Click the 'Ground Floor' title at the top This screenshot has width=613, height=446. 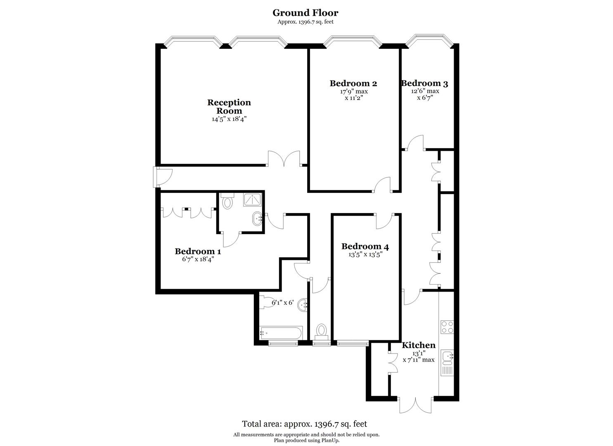point(305,13)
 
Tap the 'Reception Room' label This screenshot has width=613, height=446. point(229,107)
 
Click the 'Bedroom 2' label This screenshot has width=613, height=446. point(353,83)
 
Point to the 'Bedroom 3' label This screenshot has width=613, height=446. point(425,83)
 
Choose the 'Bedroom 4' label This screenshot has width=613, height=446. point(365,247)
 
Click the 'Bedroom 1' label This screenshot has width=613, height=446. point(198,251)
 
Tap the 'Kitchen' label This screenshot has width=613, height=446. point(419,345)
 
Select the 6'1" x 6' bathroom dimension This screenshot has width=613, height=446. point(282,303)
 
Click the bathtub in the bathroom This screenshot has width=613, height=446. point(281,332)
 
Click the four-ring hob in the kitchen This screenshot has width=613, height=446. point(447,327)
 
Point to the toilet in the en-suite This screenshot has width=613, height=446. point(227,201)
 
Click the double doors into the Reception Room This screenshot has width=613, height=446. point(284,159)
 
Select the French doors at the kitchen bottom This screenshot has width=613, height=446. point(416,405)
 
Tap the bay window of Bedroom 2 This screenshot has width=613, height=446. point(353,40)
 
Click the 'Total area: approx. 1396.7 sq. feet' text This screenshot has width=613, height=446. point(304,424)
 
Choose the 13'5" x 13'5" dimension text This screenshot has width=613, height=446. point(365,255)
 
